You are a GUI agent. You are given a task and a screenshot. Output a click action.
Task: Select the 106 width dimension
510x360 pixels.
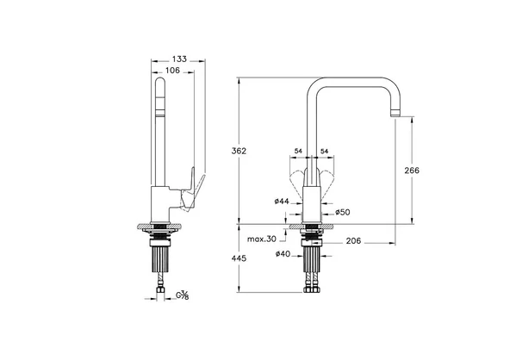pyautogui.click(x=173, y=72)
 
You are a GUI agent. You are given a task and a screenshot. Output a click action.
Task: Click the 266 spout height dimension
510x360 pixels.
pyautogui.click(x=412, y=171)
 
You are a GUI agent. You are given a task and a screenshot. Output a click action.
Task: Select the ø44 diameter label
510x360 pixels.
pyautogui.click(x=281, y=202)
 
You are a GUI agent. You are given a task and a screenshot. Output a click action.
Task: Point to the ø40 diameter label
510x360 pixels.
pyautogui.click(x=281, y=253)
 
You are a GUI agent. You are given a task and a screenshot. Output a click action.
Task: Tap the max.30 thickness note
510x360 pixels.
pyautogui.click(x=261, y=239)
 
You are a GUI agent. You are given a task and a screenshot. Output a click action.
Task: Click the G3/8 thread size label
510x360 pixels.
pyautogui.click(x=183, y=296)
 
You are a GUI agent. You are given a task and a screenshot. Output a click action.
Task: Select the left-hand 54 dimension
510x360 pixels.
pyautogui.click(x=299, y=152)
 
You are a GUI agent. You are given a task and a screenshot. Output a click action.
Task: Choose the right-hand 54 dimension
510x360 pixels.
pyautogui.click(x=325, y=152)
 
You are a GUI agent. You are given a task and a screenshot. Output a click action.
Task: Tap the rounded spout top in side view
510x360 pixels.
pyautogui.click(x=160, y=83)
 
